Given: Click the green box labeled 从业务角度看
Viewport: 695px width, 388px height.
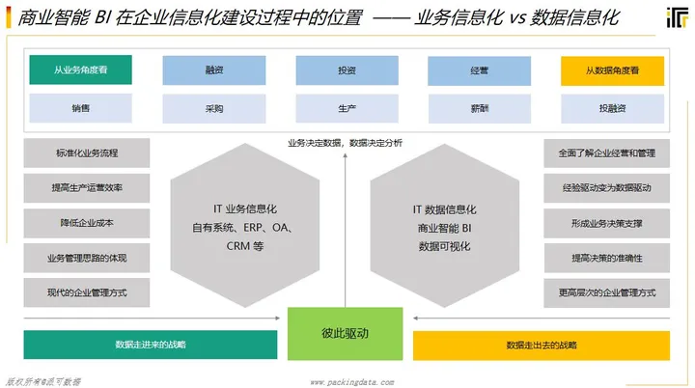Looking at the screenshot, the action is coord(80,70).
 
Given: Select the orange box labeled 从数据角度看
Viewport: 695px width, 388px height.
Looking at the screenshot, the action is coord(612,70).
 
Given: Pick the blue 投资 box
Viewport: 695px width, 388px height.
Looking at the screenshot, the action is coord(346,70).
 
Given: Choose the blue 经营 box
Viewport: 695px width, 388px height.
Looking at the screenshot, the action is coord(479,70).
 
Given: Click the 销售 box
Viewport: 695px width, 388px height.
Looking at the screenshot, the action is coord(80,108).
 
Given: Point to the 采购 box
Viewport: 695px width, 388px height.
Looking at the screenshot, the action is coord(213,108).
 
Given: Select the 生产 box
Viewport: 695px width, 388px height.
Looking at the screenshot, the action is coord(346,108).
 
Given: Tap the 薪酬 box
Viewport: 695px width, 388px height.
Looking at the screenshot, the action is coord(479,108).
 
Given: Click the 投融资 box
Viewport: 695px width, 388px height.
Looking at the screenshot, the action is coord(612,108).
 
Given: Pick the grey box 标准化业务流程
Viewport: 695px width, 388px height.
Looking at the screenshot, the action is coord(87,152).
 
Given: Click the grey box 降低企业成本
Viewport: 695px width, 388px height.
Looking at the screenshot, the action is coord(87,223).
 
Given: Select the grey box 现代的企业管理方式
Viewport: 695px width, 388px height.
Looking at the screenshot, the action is coord(87,292).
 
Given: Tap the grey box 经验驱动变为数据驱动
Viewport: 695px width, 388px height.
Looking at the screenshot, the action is coord(607,188).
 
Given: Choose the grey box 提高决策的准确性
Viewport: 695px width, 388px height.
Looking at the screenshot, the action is coord(607,258).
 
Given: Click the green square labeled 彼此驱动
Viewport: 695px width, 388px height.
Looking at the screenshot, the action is coord(346,333).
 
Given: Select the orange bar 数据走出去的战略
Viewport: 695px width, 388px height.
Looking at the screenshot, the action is coord(542,346).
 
